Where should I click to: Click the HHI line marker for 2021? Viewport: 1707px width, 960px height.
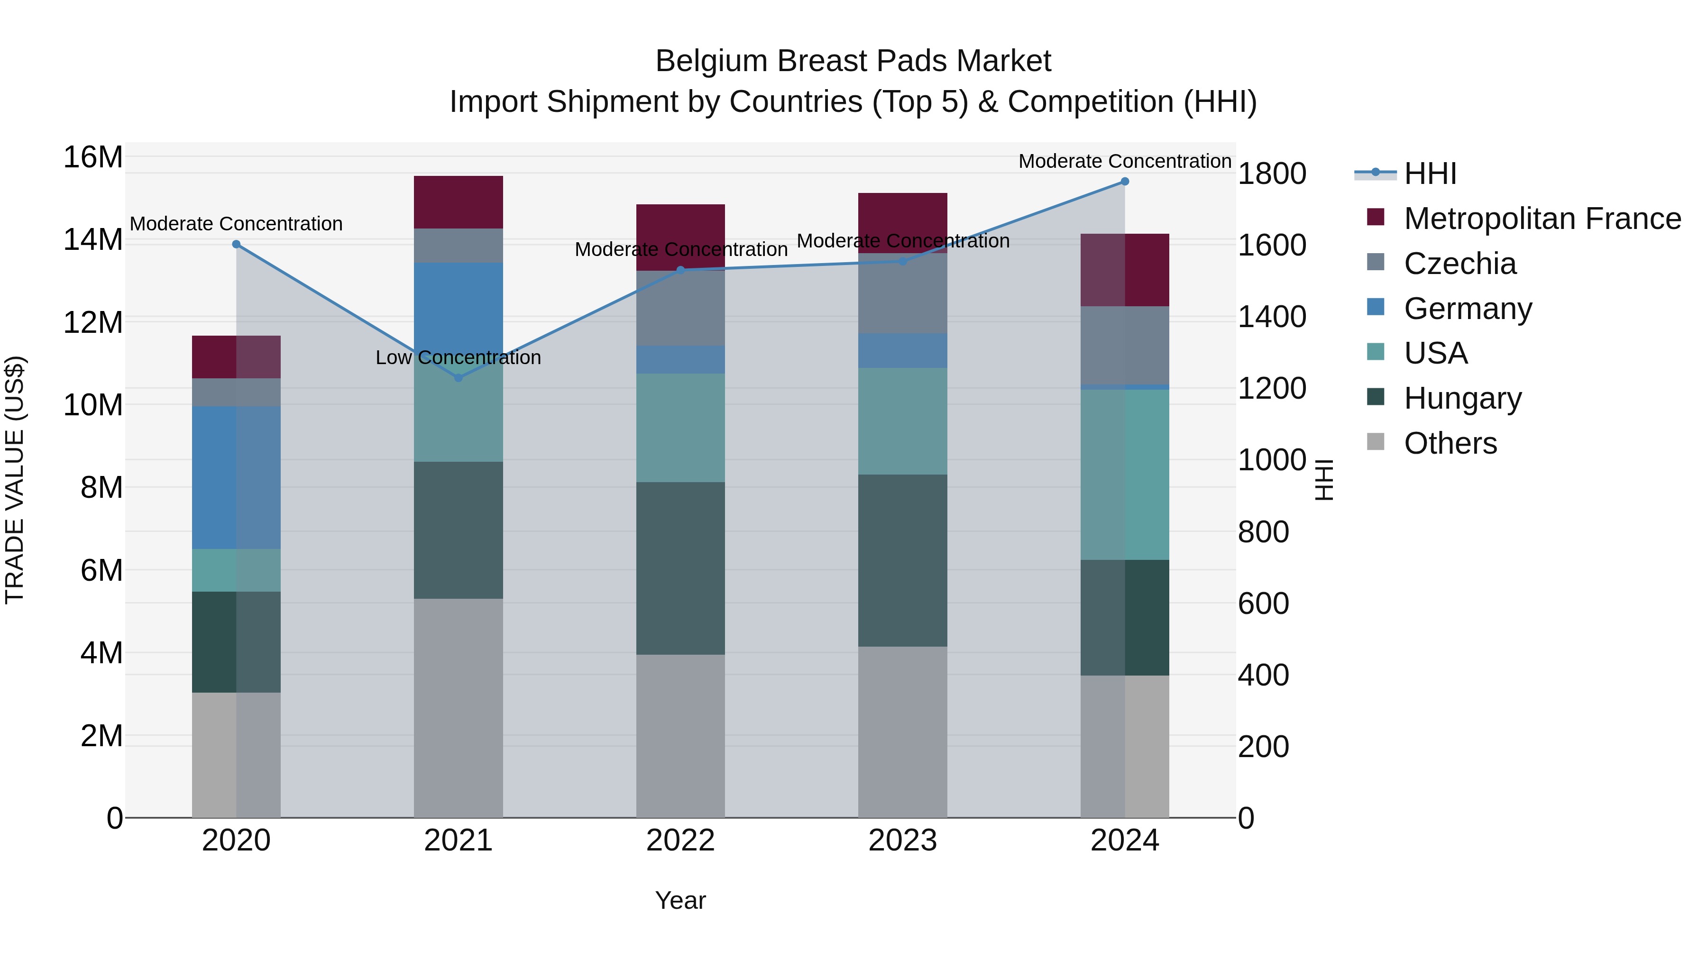[x=458, y=378]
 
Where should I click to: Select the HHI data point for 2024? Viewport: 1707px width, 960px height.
[x=1125, y=182]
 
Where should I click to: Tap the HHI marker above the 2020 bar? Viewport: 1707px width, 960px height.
[x=236, y=245]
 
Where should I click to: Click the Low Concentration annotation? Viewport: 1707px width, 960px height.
[x=458, y=358]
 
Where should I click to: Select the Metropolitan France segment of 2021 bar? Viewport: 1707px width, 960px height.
[x=458, y=202]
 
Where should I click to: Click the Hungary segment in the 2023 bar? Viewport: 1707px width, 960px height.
[x=902, y=560]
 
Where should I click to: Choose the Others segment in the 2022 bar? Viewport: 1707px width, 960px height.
[x=680, y=735]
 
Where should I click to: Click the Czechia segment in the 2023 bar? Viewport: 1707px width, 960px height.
[x=902, y=293]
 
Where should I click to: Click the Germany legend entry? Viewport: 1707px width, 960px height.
[x=1467, y=309]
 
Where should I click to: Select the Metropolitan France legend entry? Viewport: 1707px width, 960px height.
[x=1542, y=219]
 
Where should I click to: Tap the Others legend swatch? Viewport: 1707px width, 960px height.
[x=1376, y=442]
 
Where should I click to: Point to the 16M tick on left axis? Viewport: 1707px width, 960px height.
[x=93, y=158]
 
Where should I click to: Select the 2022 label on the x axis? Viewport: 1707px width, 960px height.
[x=680, y=841]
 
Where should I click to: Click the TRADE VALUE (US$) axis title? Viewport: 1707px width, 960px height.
[x=15, y=480]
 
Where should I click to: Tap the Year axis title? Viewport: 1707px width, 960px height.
[x=680, y=900]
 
